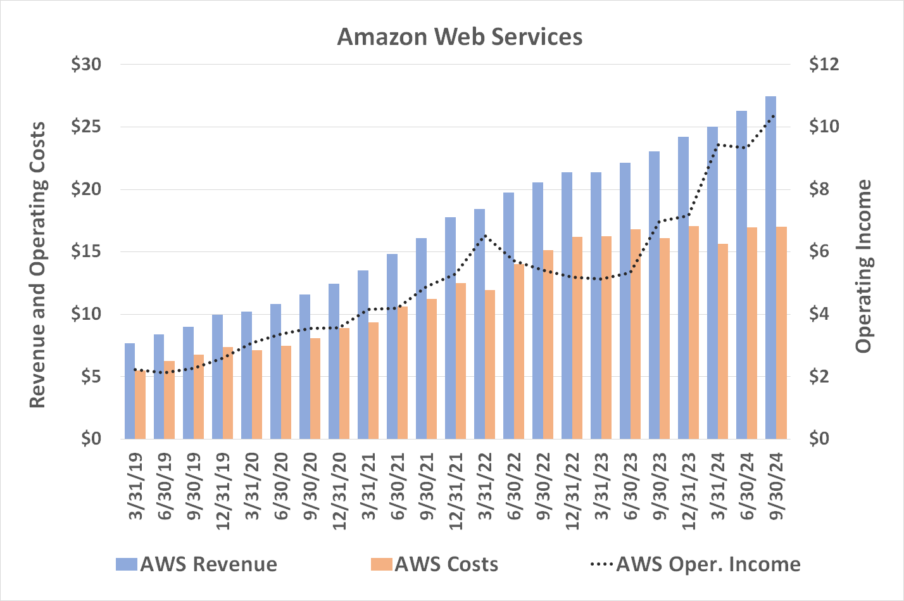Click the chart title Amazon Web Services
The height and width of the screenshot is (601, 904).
point(460,37)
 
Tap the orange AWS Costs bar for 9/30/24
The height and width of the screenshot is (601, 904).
point(781,332)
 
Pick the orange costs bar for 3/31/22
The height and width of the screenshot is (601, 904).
point(490,364)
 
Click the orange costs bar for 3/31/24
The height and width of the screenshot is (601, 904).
point(723,341)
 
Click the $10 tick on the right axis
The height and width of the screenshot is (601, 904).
point(824,127)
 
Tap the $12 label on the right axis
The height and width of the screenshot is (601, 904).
point(824,65)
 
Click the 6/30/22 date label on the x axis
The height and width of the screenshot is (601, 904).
point(514,486)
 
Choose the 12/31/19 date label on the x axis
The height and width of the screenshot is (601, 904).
point(223,491)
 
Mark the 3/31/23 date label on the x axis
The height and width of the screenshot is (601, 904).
point(601,486)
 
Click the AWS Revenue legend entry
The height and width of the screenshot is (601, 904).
point(197,564)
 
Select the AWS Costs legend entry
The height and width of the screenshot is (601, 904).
point(435,564)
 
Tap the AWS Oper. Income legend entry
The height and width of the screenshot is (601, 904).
point(695,564)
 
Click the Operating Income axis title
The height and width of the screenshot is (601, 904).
point(863,266)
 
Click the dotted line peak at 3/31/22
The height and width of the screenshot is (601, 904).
point(484,236)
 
